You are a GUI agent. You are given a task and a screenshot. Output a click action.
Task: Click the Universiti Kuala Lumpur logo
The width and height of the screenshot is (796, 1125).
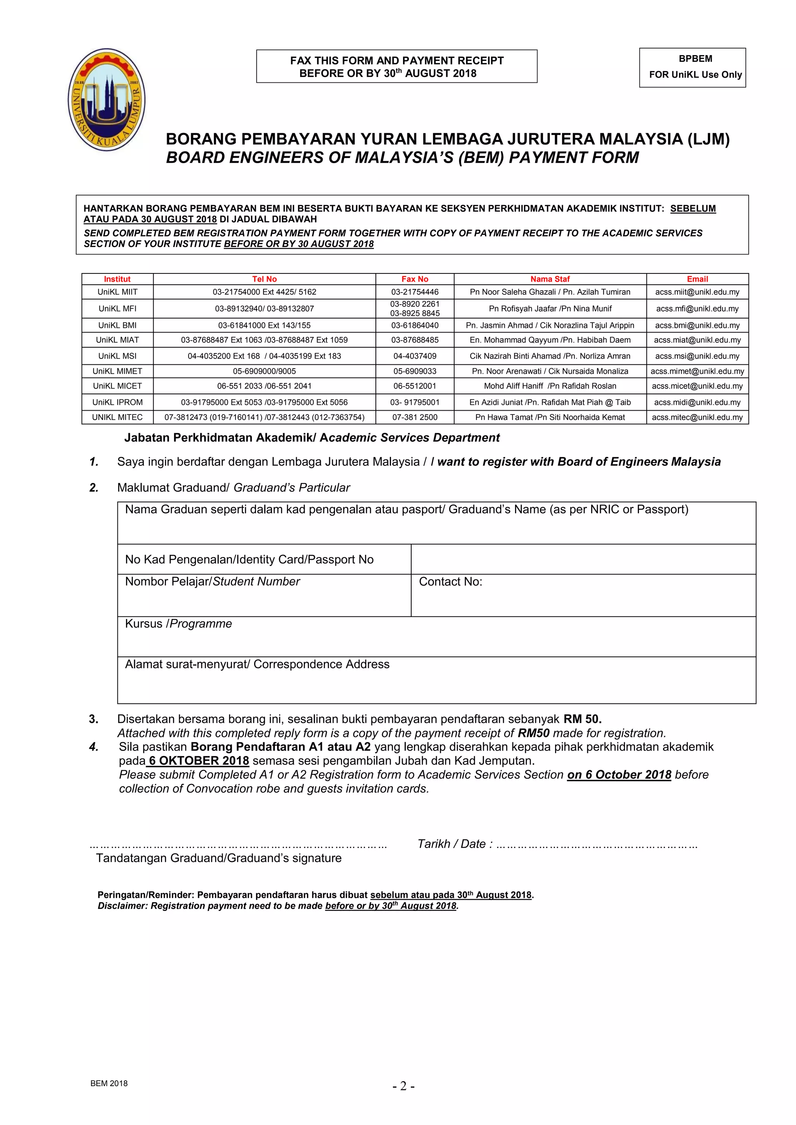(x=106, y=99)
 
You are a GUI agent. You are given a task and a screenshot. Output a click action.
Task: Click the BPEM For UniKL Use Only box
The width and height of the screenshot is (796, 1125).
(x=692, y=67)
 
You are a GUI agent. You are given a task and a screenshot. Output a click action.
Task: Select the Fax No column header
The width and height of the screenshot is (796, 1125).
(x=415, y=279)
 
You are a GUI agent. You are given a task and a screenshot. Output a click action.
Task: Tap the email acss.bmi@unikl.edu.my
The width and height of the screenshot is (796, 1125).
(x=697, y=326)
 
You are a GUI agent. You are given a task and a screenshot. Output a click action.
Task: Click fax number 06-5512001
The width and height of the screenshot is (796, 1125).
(x=415, y=386)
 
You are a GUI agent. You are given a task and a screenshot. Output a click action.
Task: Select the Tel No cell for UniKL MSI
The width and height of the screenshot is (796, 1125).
(x=264, y=356)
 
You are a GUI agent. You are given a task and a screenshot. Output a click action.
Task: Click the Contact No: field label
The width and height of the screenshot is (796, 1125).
(x=450, y=582)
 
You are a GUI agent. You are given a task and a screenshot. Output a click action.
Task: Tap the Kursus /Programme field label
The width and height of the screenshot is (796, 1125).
(x=178, y=624)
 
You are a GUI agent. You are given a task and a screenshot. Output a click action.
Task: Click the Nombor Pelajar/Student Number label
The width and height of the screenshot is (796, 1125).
(x=212, y=582)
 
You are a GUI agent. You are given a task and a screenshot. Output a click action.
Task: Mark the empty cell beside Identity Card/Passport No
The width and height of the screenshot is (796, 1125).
(x=583, y=559)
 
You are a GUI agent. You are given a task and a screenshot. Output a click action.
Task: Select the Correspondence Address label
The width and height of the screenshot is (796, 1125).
(x=257, y=664)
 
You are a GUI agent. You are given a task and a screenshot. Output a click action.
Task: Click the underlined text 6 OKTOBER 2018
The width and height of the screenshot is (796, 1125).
(x=199, y=761)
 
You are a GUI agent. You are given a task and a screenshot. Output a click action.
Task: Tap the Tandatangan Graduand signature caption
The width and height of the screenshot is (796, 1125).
(x=218, y=858)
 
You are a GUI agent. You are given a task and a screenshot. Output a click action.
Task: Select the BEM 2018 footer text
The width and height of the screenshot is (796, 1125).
(x=109, y=1083)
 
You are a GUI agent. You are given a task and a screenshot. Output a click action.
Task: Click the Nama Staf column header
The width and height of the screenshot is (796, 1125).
(x=550, y=279)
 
